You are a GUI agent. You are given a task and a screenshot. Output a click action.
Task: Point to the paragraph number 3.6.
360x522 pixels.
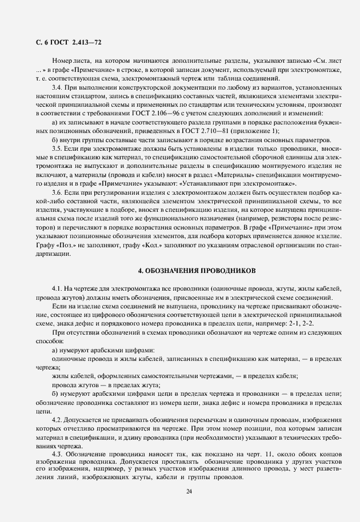(57, 194)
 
